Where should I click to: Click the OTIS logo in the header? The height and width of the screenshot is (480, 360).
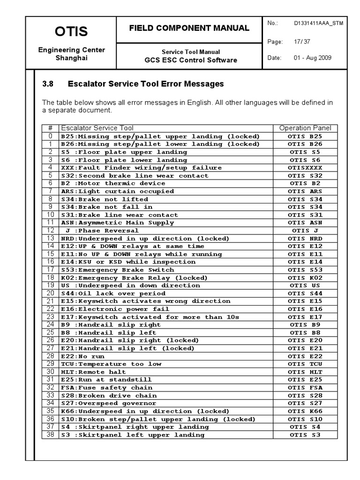coord(71,31)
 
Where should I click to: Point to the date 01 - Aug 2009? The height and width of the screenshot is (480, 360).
coord(312,58)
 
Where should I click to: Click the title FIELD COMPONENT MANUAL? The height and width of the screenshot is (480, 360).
coord(189,28)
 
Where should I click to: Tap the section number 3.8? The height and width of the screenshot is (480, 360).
coord(48,84)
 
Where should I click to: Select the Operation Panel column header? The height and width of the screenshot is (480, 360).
coord(305,128)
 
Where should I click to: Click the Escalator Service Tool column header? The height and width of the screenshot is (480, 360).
coord(97,128)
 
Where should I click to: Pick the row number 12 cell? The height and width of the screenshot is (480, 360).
coord(51,231)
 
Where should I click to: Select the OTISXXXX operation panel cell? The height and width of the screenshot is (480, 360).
coord(305,168)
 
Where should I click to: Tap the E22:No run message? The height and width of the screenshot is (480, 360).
coord(83,356)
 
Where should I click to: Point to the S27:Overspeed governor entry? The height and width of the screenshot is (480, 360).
coord(108,403)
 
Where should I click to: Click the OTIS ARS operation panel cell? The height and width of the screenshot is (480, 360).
coord(305,191)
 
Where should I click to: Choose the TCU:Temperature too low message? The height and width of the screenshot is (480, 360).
coord(111,364)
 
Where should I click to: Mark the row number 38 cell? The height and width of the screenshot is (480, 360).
coord(51,435)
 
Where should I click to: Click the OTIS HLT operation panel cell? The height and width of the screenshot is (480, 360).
coord(305,372)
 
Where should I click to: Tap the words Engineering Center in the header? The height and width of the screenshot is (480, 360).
coord(71,50)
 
